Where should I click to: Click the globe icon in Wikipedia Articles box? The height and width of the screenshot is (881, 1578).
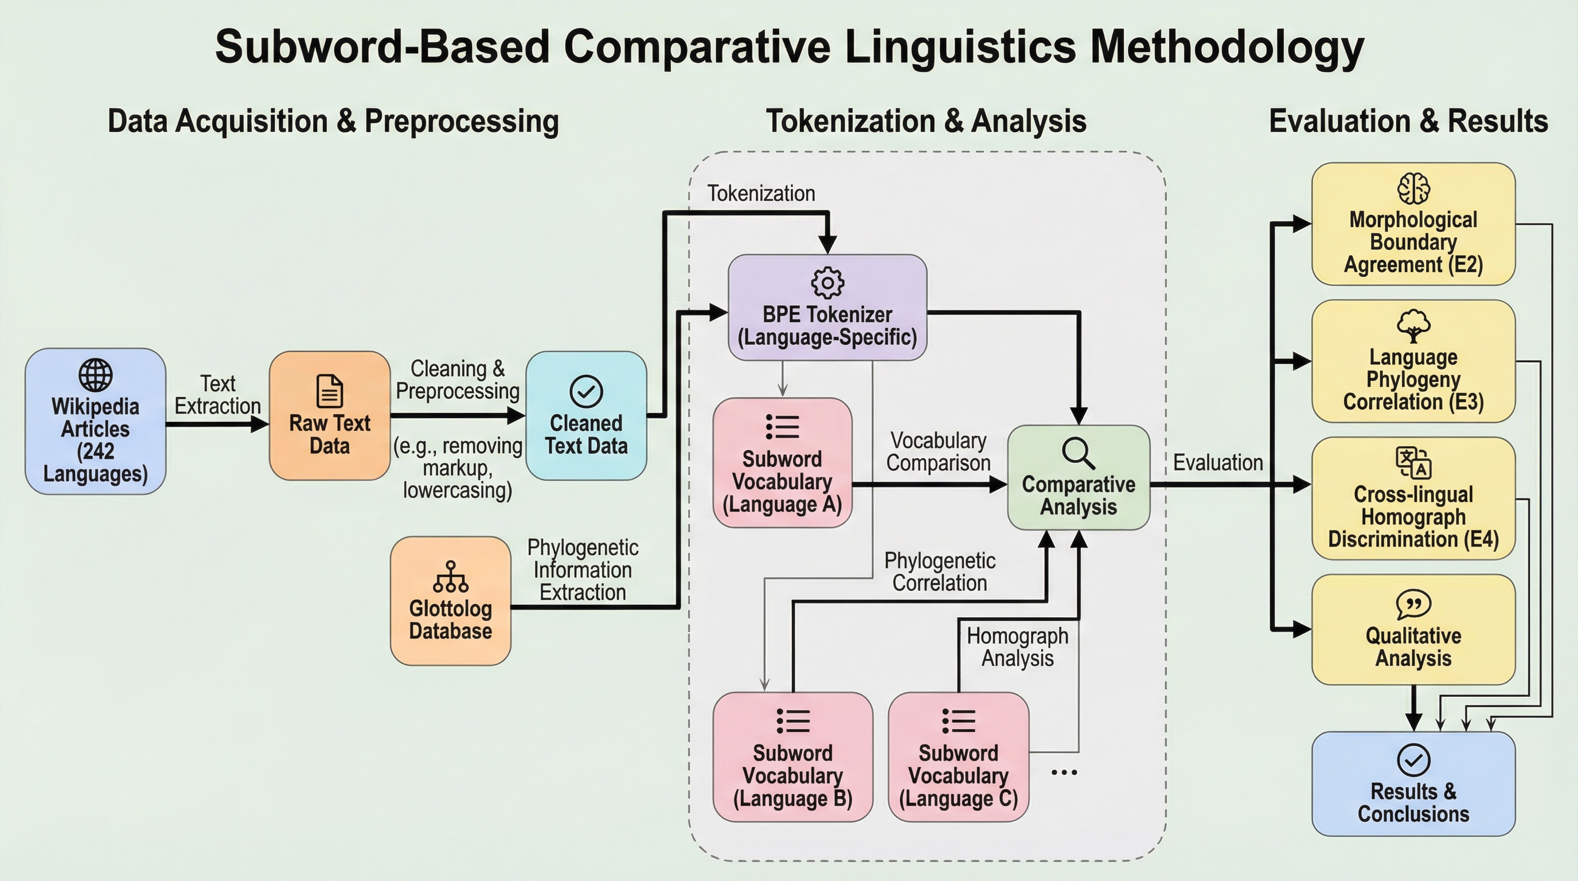click(x=96, y=375)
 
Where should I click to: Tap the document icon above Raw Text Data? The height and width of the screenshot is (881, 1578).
click(x=330, y=391)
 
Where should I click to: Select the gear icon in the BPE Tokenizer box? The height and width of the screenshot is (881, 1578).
click(x=827, y=282)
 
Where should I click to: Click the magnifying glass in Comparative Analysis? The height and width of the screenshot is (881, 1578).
click(x=1078, y=453)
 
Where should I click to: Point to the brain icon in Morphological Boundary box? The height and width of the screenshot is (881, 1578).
click(x=1413, y=188)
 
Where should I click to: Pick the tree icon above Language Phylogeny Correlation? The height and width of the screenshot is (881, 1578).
click(x=1413, y=326)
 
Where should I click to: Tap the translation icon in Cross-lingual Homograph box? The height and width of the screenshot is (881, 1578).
click(x=1413, y=462)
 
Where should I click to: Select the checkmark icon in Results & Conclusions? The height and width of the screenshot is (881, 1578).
click(x=1413, y=761)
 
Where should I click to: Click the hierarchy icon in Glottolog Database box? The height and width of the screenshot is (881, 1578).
click(x=450, y=577)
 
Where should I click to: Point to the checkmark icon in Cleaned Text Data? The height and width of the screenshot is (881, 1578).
click(x=586, y=391)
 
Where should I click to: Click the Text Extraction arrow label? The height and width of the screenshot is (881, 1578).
click(x=217, y=395)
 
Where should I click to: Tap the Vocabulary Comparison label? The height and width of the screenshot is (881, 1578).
click(x=938, y=451)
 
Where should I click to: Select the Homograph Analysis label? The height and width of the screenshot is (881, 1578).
click(x=1017, y=647)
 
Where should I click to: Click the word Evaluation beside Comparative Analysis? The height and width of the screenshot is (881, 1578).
click(x=1218, y=462)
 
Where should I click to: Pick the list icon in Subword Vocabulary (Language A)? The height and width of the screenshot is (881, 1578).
click(x=782, y=427)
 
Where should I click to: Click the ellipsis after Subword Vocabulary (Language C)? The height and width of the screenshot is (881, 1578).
click(x=1064, y=773)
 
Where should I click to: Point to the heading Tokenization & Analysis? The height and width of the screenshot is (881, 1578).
click(x=926, y=120)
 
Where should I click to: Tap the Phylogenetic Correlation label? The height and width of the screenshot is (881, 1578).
click(x=940, y=572)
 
